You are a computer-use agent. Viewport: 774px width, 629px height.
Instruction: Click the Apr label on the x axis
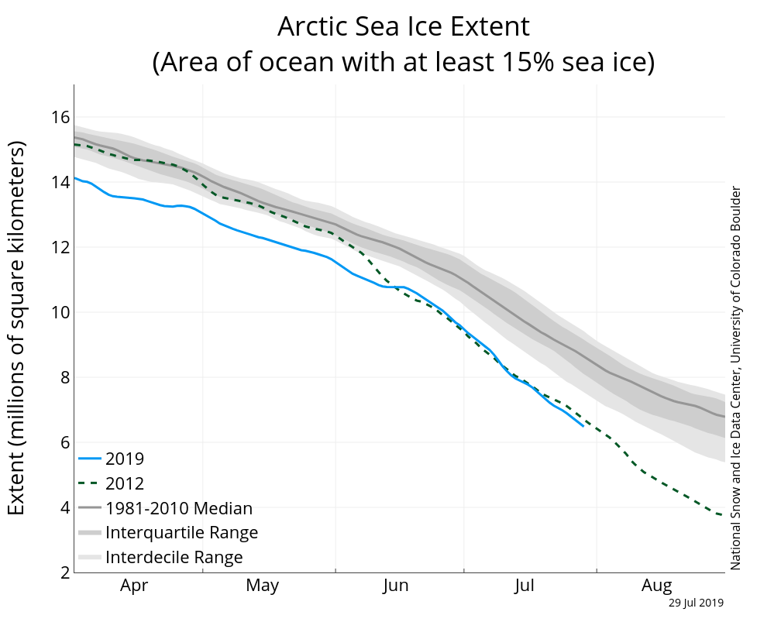click(x=133, y=586)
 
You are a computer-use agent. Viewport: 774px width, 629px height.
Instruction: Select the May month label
click(x=263, y=586)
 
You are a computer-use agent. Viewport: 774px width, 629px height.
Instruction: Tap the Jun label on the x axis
click(x=396, y=586)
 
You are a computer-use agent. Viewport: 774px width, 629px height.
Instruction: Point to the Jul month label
click(x=528, y=586)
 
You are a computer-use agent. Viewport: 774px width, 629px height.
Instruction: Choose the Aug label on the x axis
click(x=657, y=586)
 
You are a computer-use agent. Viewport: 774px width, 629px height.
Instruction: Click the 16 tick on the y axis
click(x=60, y=117)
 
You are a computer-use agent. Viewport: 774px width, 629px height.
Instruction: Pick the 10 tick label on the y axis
click(x=60, y=312)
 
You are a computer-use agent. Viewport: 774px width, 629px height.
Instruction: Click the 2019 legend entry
click(x=125, y=459)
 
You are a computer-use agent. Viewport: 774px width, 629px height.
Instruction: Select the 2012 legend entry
click(x=125, y=483)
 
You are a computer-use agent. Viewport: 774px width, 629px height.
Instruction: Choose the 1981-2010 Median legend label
click(x=179, y=508)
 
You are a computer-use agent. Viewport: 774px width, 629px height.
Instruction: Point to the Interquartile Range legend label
click(x=181, y=533)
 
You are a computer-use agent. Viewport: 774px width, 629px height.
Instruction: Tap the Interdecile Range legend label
click(x=174, y=557)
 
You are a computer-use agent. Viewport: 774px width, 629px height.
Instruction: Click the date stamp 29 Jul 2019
click(x=697, y=602)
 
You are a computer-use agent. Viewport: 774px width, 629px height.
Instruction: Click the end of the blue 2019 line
click(x=583, y=426)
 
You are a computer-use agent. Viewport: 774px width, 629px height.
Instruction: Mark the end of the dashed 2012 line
click(x=724, y=515)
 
